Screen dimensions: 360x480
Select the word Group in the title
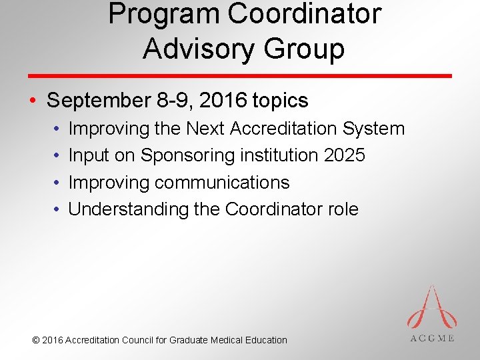point(309,49)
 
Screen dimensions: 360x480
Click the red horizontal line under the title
point(240,76)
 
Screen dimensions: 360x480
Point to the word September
point(97,101)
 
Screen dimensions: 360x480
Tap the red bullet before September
point(32,101)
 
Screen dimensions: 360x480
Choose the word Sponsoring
point(187,155)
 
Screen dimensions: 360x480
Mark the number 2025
point(345,155)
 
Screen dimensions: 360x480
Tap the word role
point(343,209)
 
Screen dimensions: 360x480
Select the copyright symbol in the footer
point(36,340)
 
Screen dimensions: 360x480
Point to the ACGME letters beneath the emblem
point(432,338)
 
